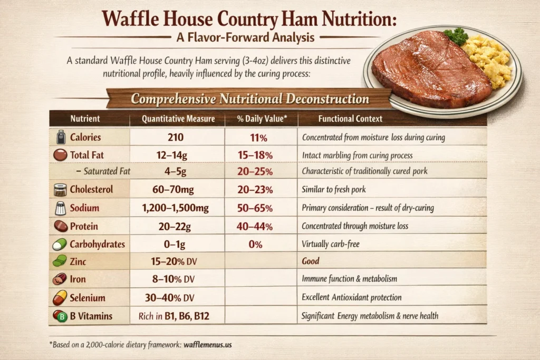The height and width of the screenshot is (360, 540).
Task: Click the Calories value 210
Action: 176,138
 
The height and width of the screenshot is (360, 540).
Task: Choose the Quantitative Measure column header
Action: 178,119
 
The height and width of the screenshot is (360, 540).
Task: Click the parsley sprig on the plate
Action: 455,37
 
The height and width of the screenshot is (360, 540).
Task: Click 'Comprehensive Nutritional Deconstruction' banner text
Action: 250,99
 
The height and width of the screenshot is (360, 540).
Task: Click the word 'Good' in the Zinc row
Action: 311,261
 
